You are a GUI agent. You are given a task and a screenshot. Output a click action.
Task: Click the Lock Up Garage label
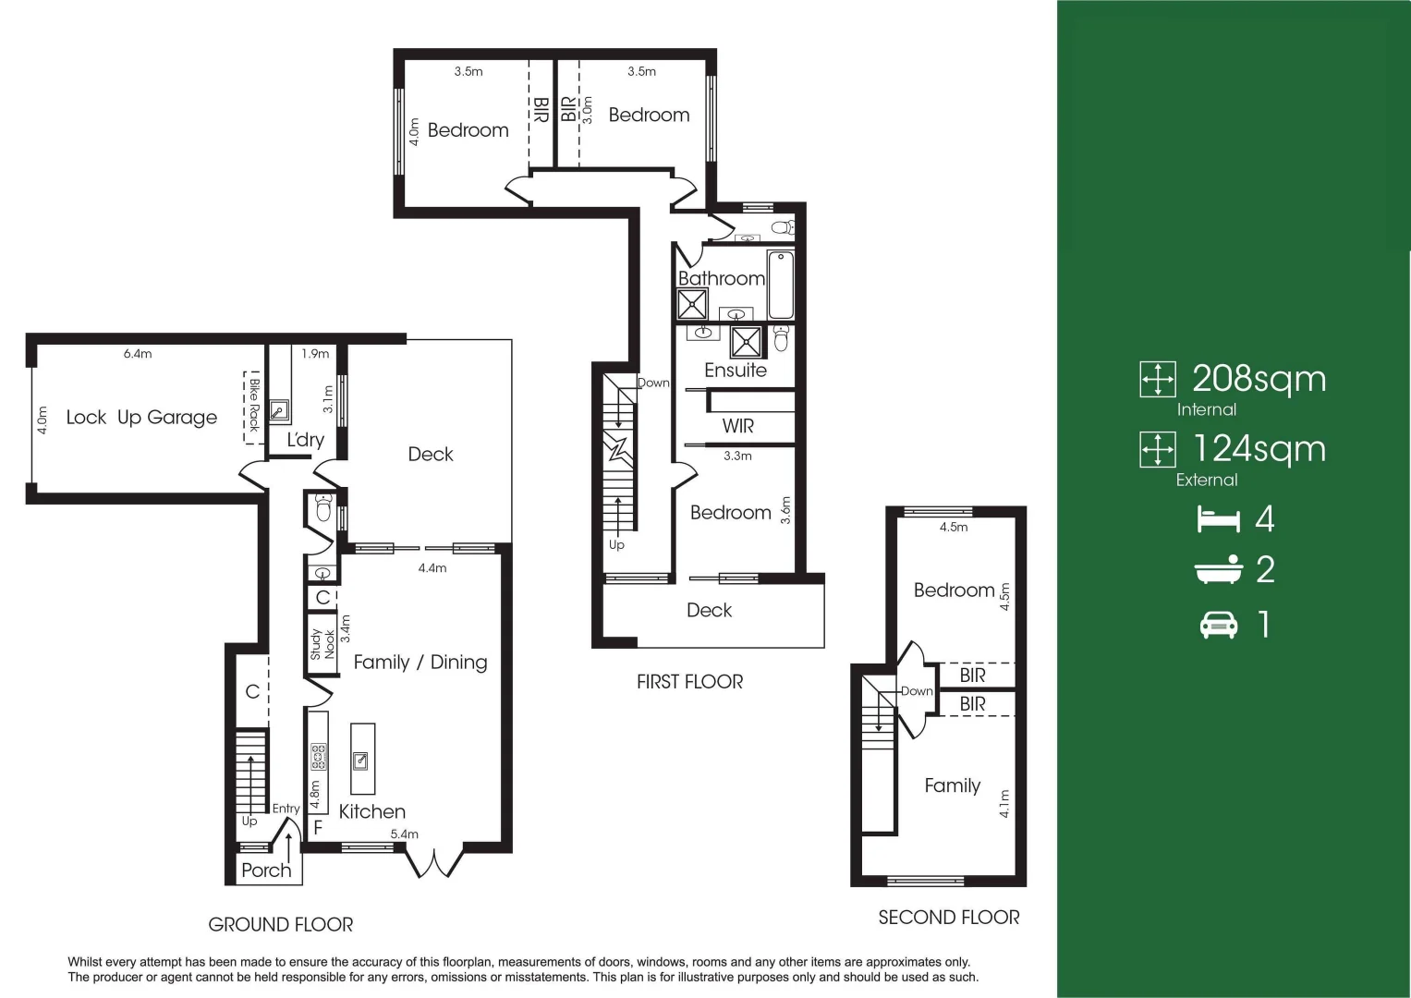tap(141, 418)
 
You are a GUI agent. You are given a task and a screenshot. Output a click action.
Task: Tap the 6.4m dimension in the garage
tap(138, 354)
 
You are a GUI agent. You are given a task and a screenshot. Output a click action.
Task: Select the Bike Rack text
tap(254, 405)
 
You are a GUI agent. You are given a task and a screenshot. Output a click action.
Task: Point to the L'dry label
tap(305, 440)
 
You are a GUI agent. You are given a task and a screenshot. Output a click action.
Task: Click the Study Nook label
tap(322, 643)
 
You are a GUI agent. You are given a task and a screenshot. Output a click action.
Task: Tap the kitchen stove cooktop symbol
tap(319, 757)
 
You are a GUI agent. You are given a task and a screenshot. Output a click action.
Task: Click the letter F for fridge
tap(318, 828)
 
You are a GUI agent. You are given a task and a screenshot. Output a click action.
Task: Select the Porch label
tap(266, 870)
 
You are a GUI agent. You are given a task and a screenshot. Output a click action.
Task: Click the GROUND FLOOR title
tap(281, 924)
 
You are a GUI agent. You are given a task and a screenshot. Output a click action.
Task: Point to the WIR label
tap(737, 426)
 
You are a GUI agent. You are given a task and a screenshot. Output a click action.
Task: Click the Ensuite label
tap(736, 371)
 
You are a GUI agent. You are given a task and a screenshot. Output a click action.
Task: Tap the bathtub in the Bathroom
tap(781, 286)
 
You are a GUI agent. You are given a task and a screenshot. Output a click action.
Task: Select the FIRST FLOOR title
tap(689, 682)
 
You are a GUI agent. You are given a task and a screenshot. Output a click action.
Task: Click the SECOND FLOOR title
tap(949, 918)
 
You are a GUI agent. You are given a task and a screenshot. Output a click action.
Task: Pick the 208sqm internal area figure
tap(1259, 379)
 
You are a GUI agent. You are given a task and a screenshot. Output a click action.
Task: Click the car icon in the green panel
tap(1218, 626)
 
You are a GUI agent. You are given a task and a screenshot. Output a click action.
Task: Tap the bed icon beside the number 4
tap(1218, 519)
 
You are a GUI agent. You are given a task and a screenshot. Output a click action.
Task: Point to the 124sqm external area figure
tap(1259, 449)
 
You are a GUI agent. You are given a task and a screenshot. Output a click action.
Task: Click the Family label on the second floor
tap(952, 785)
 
